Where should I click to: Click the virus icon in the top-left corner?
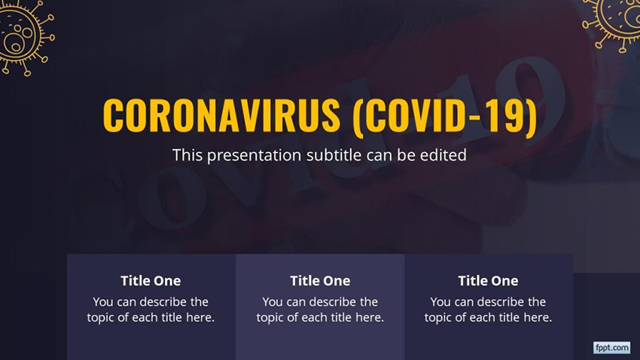[x=23, y=34]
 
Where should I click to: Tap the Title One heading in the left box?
[x=151, y=281]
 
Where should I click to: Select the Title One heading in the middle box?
[x=320, y=281]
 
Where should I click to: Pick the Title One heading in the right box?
[x=488, y=281]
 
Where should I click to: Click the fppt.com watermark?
[x=611, y=347]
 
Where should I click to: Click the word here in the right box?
[x=538, y=318]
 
